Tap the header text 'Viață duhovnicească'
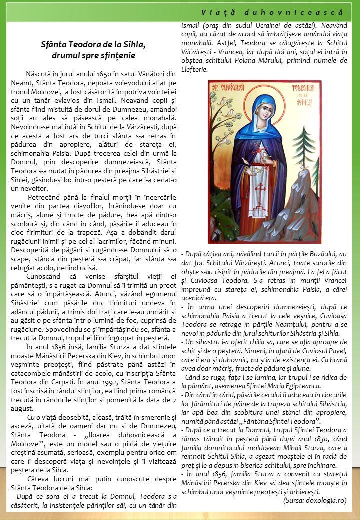coord(272,11)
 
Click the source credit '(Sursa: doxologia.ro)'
coord(314,500)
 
